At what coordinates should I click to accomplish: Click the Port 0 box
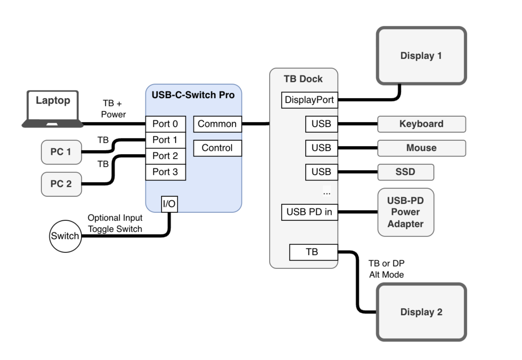coord(165,124)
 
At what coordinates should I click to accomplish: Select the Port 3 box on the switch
coord(165,172)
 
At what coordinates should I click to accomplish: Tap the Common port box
coord(217,124)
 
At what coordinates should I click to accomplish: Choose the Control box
coord(217,148)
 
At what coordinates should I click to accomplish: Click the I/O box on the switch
coord(169,204)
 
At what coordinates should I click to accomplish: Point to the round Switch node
coord(65,236)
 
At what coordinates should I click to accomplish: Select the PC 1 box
coord(61,152)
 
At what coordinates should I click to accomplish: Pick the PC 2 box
coord(61,184)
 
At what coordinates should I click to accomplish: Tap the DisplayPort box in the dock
coord(309,100)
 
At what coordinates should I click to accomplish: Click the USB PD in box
coord(309,212)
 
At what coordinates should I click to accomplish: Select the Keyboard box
coord(421,124)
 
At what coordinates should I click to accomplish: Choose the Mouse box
coord(421,148)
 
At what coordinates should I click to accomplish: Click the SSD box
coord(405,172)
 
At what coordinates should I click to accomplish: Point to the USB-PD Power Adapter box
coord(405,212)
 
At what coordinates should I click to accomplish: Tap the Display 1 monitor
coord(421,56)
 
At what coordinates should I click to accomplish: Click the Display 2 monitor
coord(421,312)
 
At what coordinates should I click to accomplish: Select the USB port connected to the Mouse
coord(321,148)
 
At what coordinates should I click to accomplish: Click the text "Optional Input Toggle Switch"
coord(115,223)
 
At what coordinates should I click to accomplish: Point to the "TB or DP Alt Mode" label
coord(387,269)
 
